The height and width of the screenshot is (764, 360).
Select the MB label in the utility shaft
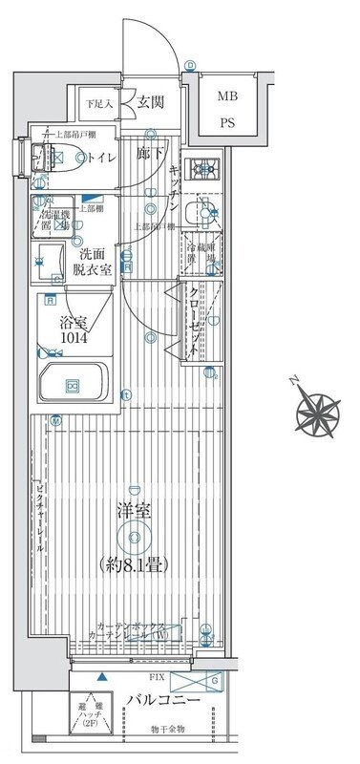[x=227, y=96]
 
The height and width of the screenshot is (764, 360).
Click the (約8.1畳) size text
[x=133, y=565]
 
